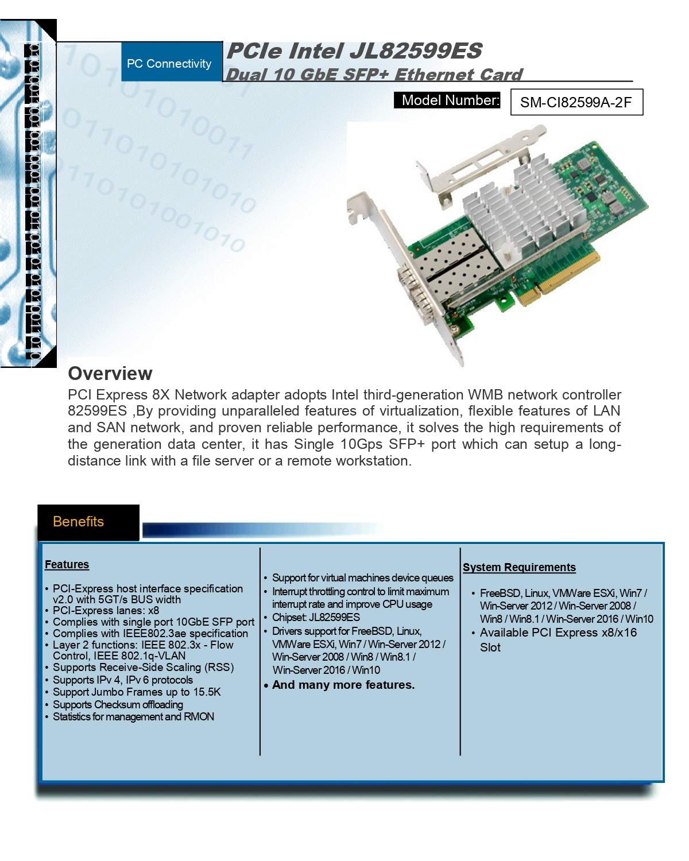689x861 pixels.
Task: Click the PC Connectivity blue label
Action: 169,63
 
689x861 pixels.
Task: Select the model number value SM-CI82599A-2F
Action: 576,102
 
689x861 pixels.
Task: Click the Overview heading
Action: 110,374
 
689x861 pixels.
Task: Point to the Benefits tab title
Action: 78,522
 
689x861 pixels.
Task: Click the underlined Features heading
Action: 67,565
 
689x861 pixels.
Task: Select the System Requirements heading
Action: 519,568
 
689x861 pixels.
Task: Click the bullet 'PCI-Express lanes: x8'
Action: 106,611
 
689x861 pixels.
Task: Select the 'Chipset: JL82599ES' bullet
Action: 316,618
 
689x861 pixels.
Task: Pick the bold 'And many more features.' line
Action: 343,685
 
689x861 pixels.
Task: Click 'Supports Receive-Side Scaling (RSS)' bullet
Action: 143,668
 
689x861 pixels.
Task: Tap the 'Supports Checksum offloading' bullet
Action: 118,705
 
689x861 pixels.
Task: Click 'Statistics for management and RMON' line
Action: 133,717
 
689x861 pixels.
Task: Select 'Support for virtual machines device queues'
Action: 362,578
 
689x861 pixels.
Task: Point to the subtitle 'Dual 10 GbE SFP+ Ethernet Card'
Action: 374,75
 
